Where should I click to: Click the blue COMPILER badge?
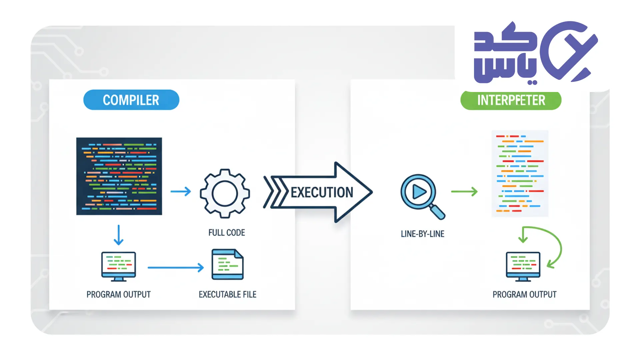(x=131, y=100)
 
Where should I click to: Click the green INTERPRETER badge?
(x=511, y=100)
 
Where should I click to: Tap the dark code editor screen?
(x=119, y=176)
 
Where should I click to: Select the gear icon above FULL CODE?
(x=225, y=193)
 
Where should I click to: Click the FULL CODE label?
(x=227, y=233)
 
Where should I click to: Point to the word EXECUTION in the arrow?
(x=322, y=193)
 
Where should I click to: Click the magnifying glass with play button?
(x=421, y=194)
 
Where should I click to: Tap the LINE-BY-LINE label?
(x=422, y=234)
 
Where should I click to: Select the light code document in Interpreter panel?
(x=520, y=173)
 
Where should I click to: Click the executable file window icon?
(x=228, y=264)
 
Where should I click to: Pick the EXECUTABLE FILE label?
(x=228, y=295)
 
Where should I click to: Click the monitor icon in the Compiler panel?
(x=119, y=266)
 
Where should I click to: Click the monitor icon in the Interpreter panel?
(x=523, y=266)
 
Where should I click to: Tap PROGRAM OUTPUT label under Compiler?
(x=119, y=295)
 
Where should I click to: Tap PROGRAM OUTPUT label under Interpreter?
(x=524, y=295)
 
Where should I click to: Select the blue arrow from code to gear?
(x=181, y=191)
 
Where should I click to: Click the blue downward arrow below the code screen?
(x=119, y=235)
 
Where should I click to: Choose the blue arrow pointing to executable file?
(x=176, y=267)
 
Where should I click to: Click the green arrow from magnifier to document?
(x=464, y=192)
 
